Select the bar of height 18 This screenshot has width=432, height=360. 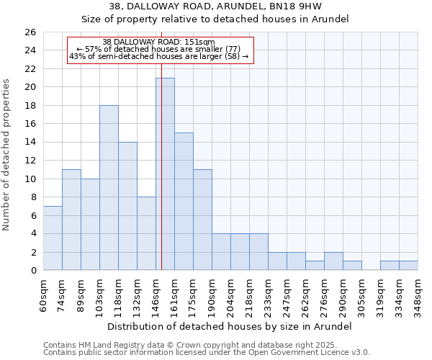pyautogui.click(x=109, y=188)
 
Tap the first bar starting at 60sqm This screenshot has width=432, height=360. pyautogui.click(x=53, y=238)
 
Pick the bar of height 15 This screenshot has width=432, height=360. pyautogui.click(x=184, y=202)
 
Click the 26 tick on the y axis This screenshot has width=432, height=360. pyautogui.click(x=30, y=32)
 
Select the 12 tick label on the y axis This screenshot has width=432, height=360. pyautogui.click(x=30, y=161)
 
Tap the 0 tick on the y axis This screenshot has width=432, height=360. pyautogui.click(x=32, y=271)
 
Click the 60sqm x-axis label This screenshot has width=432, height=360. pyautogui.click(x=43, y=296)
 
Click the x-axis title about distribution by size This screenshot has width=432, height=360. pyautogui.click(x=229, y=326)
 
